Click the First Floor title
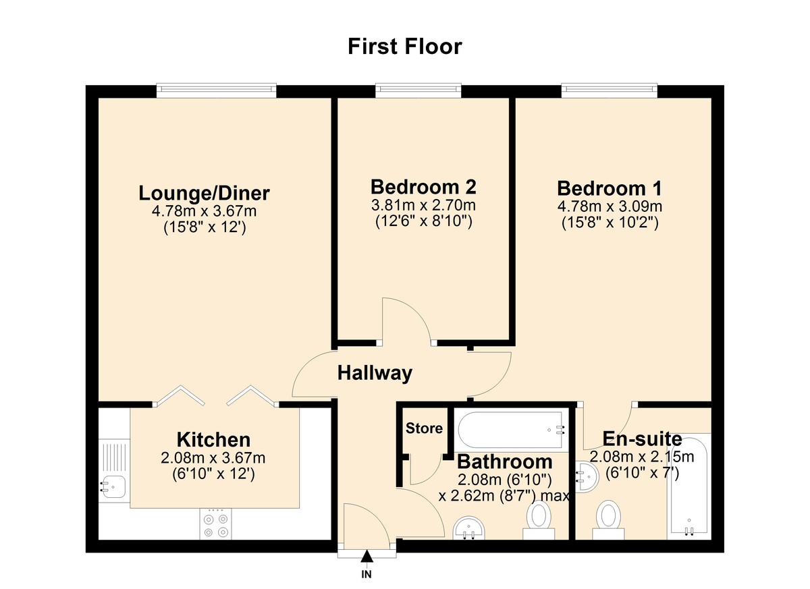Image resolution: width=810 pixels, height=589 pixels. pos(405,47)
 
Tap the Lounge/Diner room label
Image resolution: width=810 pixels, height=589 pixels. pos(204,193)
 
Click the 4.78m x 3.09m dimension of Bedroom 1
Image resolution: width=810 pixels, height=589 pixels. pos(609,206)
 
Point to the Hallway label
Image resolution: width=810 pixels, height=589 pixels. pos(375,372)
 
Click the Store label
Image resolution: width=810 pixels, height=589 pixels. pos(424,428)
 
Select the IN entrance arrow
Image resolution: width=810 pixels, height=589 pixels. pos(367,557)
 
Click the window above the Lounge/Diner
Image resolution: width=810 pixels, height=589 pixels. pos(216,88)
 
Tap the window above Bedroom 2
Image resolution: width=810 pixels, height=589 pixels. pos(418,88)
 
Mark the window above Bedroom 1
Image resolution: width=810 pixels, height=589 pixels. pos(609,88)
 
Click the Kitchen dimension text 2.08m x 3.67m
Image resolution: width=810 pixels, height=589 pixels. pos(213,459)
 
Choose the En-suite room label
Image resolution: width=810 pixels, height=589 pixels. pos(641,440)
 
